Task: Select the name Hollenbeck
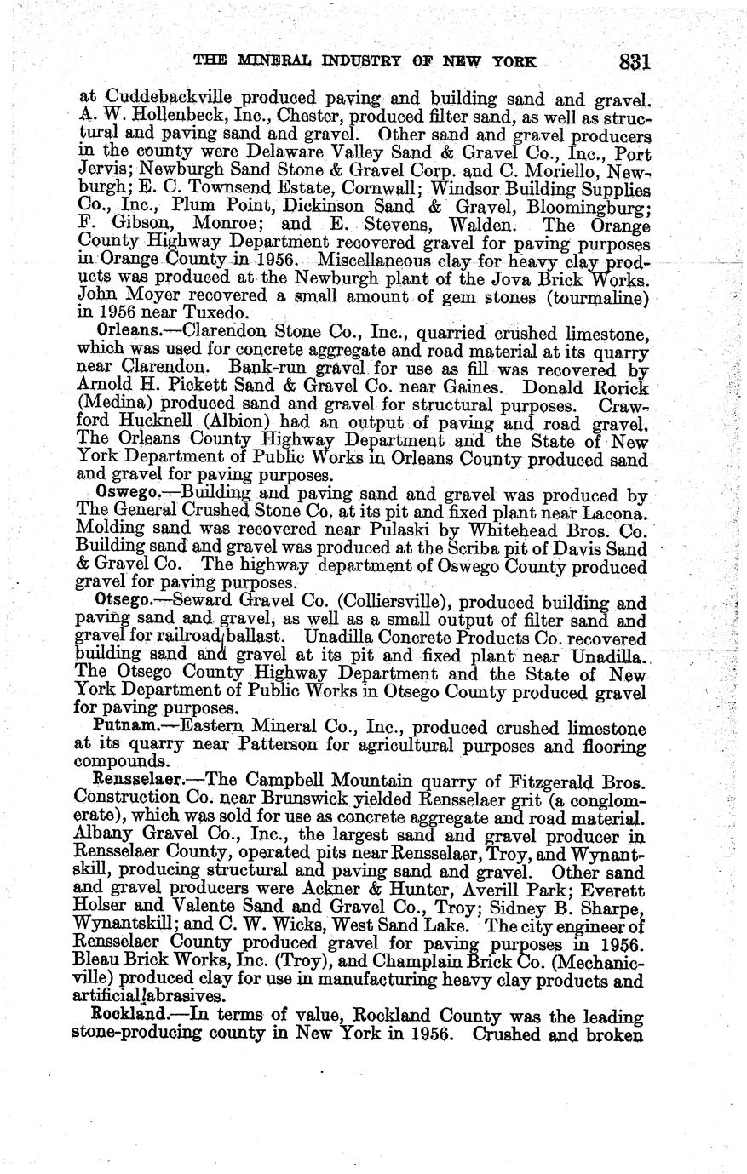pos(167,117)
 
